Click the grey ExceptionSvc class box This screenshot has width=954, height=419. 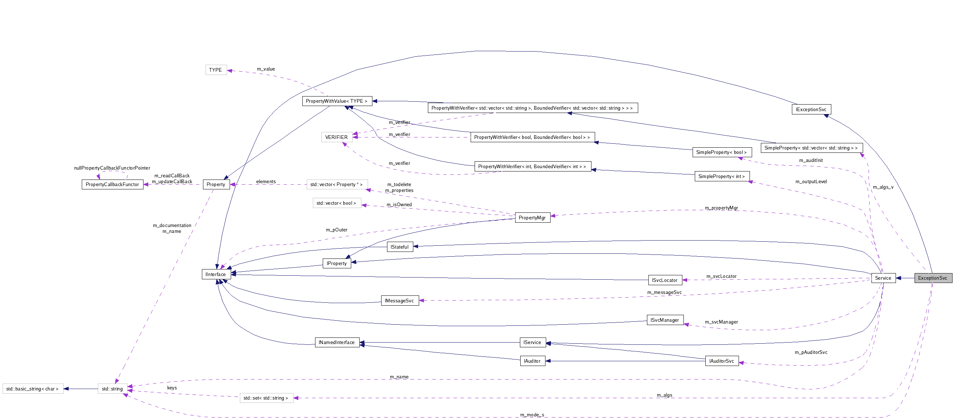pos(932,278)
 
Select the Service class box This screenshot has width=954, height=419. pos(883,278)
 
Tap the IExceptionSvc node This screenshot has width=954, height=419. pos(811,109)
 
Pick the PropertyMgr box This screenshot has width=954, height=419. pos(532,218)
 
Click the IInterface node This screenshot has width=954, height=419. pos(215,274)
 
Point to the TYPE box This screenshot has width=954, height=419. pos(215,70)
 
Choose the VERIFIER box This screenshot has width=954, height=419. pos(336,137)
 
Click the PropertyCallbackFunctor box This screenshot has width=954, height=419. pos(112,184)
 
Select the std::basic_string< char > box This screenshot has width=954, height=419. pos(32,389)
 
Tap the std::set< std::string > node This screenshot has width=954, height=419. pos(266,398)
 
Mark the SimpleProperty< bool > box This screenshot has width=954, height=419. pos(721,152)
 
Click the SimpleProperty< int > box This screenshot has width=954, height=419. pos(721,177)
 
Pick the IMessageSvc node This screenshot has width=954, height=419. pos(399,301)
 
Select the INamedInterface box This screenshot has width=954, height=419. pos(337,343)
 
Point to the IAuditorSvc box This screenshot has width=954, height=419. pos(721,361)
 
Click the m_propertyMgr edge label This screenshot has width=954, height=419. pos(721,208)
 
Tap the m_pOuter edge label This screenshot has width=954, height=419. pos(337,230)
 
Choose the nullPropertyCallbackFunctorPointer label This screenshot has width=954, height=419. pos(112,168)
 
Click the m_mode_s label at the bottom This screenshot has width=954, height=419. pos(532,415)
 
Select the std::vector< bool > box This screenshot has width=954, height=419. pos(336,203)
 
